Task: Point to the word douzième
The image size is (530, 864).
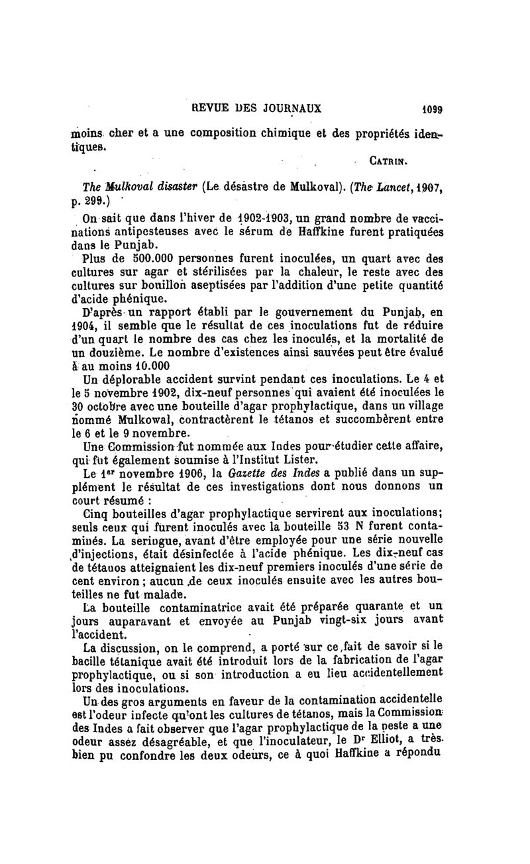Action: [x=123, y=351]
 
